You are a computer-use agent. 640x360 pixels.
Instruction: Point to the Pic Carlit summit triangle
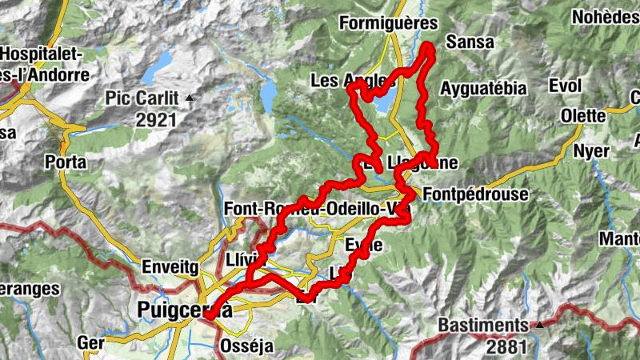[x=190, y=98]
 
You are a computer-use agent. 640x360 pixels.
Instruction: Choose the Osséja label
[x=246, y=346]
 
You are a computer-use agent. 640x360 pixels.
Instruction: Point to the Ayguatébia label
[x=483, y=88]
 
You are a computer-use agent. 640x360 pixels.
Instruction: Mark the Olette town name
[x=582, y=115]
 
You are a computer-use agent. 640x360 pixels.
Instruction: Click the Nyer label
[x=594, y=151]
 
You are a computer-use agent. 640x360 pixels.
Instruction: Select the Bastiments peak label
[x=483, y=326]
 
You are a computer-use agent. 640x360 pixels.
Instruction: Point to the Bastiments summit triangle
[x=540, y=326]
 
